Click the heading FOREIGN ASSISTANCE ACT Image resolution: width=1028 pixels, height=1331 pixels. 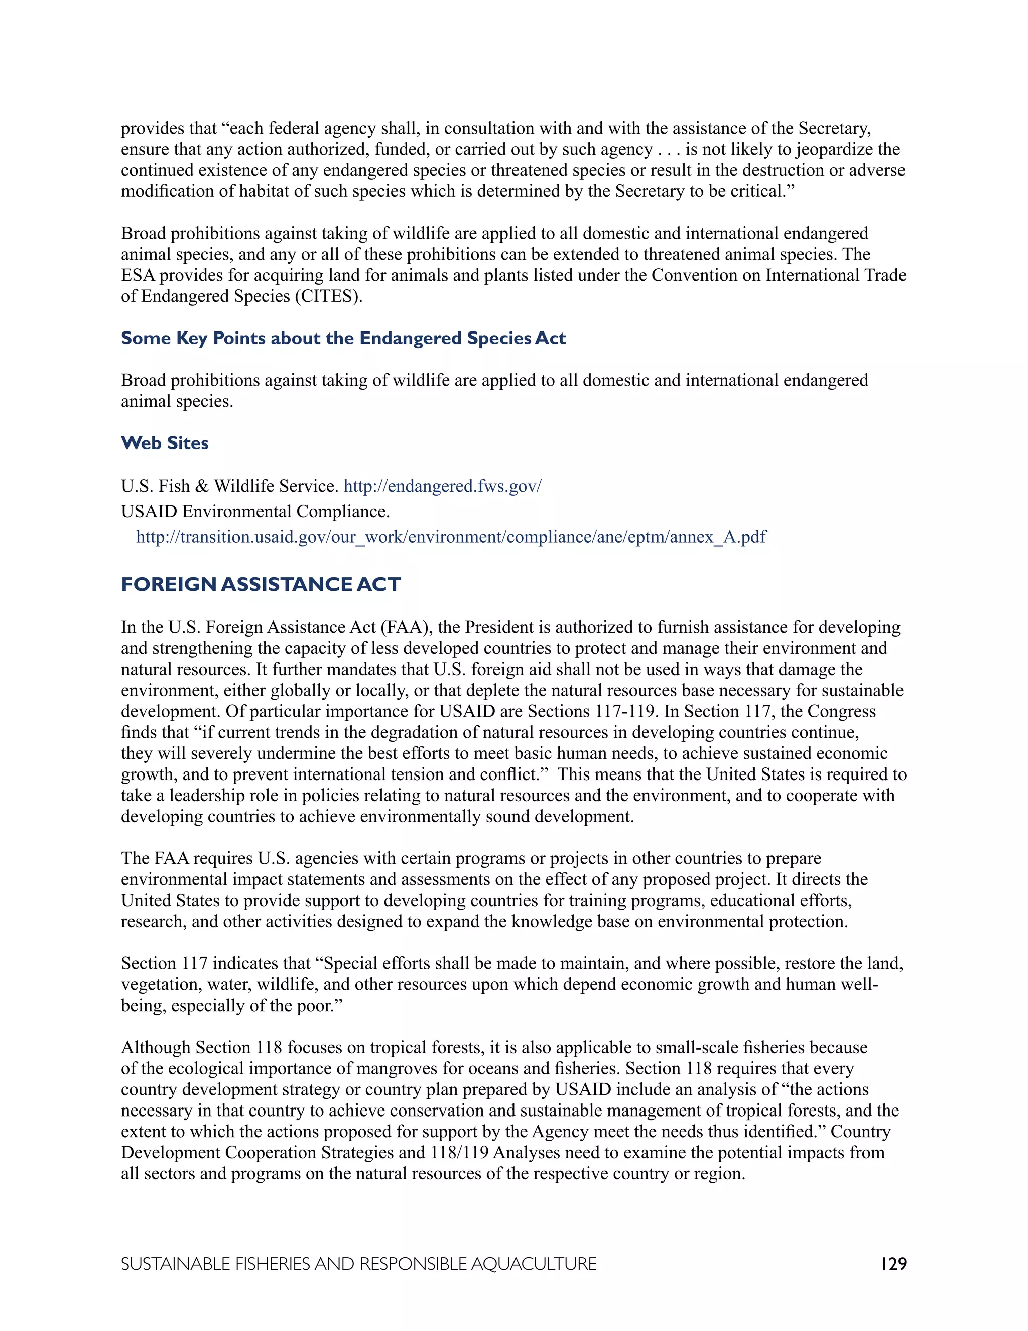pyautogui.click(x=261, y=585)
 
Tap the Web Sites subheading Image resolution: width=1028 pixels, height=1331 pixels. pyautogui.click(x=165, y=443)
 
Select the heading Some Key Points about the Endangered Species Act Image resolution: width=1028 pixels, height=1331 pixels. pyautogui.click(x=343, y=338)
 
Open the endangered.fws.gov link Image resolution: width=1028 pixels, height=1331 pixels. pyautogui.click(x=442, y=486)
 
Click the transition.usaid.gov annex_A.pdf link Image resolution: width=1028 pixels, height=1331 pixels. pyautogui.click(x=451, y=537)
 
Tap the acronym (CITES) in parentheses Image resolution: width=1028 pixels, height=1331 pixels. pyautogui.click(x=329, y=296)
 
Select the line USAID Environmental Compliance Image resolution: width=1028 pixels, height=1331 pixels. pyautogui.click(x=255, y=511)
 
